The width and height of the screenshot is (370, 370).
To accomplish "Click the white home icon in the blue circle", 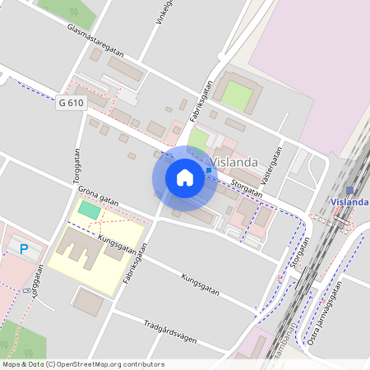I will click(x=185, y=178).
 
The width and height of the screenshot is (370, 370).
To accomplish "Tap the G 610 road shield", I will click(x=72, y=103).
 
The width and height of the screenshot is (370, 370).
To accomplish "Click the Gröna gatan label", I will click(x=99, y=195).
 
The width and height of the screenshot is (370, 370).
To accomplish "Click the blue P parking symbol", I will click(x=24, y=248).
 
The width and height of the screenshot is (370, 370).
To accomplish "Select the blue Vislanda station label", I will click(x=349, y=201).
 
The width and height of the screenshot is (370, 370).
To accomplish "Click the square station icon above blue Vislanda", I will click(x=349, y=189).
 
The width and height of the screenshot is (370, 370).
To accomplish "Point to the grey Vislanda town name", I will click(x=235, y=162).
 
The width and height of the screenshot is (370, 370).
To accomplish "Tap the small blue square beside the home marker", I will click(x=209, y=169).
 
